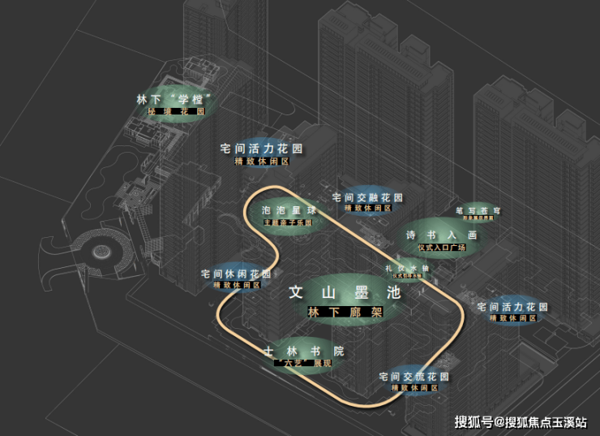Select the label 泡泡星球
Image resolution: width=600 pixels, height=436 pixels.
pyautogui.click(x=288, y=210)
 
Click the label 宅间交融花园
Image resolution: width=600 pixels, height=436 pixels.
pyautogui.click(x=367, y=197)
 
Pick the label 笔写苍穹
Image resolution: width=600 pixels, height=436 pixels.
pyautogui.click(x=478, y=210)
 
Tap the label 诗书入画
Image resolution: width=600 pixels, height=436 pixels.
pyautogui.click(x=441, y=235)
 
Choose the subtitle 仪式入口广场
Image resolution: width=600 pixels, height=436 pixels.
pyautogui.click(x=442, y=247)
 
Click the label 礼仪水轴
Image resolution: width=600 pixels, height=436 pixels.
pyautogui.click(x=407, y=267)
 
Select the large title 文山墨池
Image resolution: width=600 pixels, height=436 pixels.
pyautogui.click(x=345, y=294)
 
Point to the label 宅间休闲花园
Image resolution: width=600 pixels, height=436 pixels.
pyautogui.click(x=236, y=274)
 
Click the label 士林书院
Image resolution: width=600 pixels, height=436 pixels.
pyautogui.click(x=304, y=351)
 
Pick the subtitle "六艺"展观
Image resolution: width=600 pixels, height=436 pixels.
pyautogui.click(x=303, y=363)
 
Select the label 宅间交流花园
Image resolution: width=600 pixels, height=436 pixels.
pyautogui.click(x=414, y=377)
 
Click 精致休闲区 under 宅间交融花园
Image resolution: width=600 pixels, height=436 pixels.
pyautogui.click(x=368, y=208)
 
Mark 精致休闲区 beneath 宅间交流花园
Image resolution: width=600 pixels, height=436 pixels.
pyautogui.click(x=414, y=388)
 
